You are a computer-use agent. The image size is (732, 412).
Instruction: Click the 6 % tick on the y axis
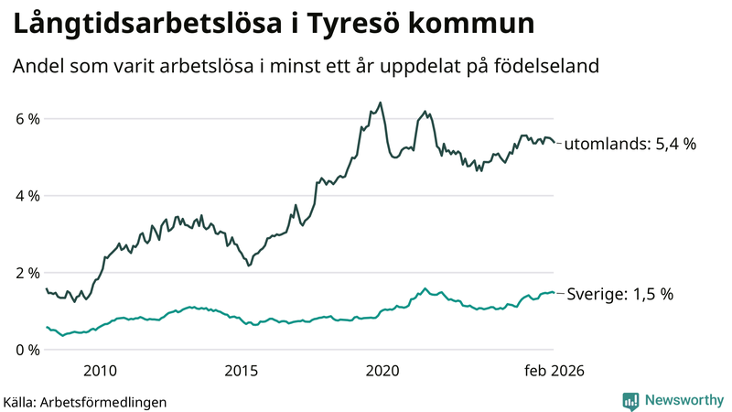(27, 119)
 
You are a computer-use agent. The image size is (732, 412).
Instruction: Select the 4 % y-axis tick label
(27, 196)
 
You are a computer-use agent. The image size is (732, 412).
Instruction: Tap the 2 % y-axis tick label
(27, 273)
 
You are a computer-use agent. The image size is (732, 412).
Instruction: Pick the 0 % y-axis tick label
(27, 350)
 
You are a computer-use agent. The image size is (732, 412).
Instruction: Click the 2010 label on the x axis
(100, 371)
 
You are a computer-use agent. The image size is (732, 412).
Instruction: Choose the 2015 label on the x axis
(242, 371)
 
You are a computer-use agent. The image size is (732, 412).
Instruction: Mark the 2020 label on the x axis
(382, 371)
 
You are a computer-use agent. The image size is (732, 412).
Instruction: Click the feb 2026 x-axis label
(553, 371)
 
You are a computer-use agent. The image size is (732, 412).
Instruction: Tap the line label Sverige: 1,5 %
(619, 294)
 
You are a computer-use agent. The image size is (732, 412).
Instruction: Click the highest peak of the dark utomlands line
(381, 103)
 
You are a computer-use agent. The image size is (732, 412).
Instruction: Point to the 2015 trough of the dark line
(248, 266)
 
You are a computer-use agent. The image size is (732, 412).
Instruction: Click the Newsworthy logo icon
(631, 400)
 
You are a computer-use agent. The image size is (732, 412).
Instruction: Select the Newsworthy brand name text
(683, 400)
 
